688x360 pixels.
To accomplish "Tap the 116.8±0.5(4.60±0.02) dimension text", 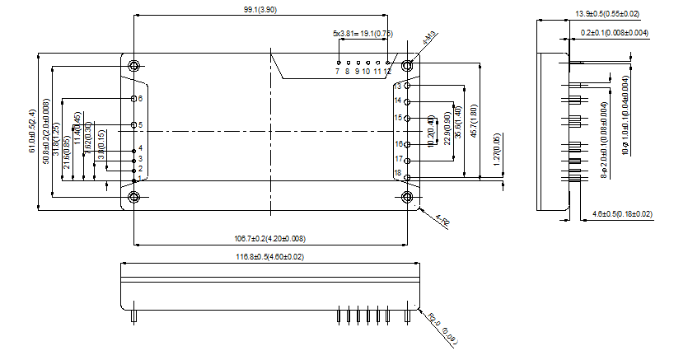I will pyautogui.click(x=269, y=257).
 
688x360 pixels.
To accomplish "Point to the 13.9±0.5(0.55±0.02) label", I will pyautogui.click(x=607, y=13).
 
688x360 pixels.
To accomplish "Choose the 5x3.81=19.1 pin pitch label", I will pyautogui.click(x=363, y=34).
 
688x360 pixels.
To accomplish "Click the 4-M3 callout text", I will pyautogui.click(x=429, y=40).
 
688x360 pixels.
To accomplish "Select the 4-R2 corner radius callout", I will pyautogui.click(x=442, y=221).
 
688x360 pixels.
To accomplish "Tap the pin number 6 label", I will pyautogui.click(x=141, y=98).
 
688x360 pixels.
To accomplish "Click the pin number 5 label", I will pyautogui.click(x=141, y=125).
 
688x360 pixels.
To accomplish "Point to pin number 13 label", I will pyautogui.click(x=397, y=86).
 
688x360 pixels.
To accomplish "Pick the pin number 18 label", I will pyautogui.click(x=397, y=173).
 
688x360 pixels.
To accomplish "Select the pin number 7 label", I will pyautogui.click(x=338, y=72).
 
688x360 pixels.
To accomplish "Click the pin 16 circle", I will pyautogui.click(x=408, y=143).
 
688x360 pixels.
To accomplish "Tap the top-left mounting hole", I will pyautogui.click(x=133, y=65).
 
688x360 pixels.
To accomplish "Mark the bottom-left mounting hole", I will pyautogui.click(x=133, y=196).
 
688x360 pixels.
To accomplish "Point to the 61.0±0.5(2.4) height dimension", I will pyautogui.click(x=32, y=131).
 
